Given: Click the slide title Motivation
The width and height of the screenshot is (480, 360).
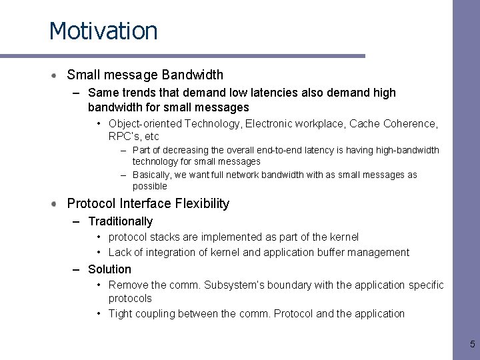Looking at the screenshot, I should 103,31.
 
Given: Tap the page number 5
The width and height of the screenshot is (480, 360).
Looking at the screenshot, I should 472,345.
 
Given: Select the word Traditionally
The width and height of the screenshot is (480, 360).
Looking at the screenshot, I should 120,221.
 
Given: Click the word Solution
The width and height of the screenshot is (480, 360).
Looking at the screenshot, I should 109,269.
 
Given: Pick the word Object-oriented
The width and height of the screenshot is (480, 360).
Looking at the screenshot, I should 145,124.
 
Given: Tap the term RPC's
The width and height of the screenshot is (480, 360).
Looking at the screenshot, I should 124,137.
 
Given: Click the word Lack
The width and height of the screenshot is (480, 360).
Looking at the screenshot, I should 120,253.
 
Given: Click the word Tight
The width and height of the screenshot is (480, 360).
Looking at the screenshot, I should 121,314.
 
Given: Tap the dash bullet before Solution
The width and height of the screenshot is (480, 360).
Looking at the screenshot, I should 77,269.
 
